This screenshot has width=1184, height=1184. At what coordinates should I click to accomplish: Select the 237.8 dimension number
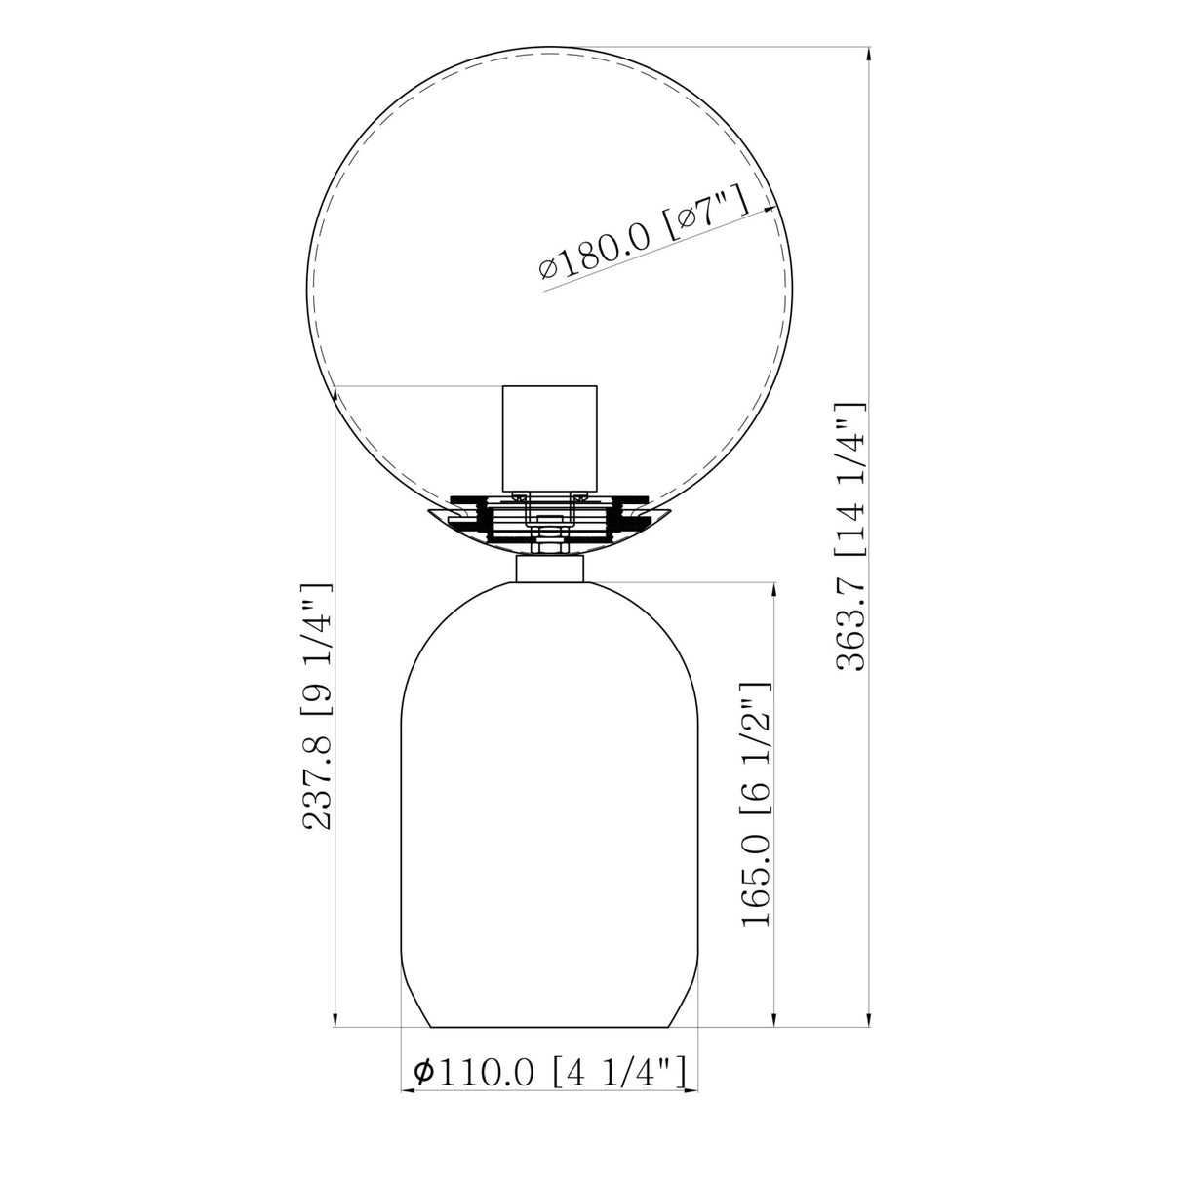(x=317, y=783)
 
